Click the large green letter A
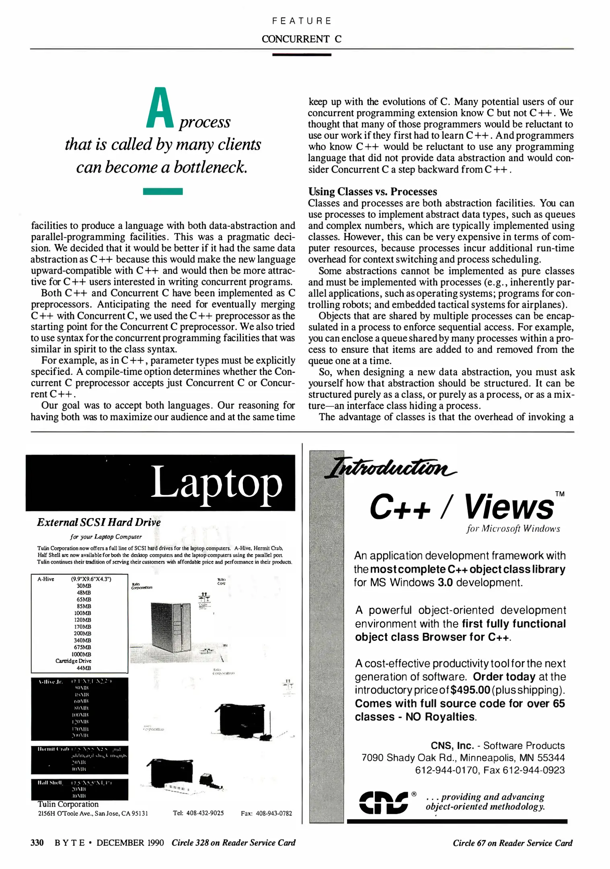pyautogui.click(x=160, y=109)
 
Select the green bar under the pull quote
pyautogui.click(x=163, y=192)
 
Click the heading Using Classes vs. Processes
pyautogui.click(x=372, y=192)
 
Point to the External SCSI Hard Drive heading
pyautogui.click(x=99, y=522)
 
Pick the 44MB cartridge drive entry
pyautogui.click(x=84, y=668)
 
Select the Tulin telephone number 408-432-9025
pyautogui.click(x=205, y=813)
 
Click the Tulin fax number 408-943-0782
pyautogui.click(x=274, y=813)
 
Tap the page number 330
pyautogui.click(x=37, y=842)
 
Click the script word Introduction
pyautogui.click(x=390, y=467)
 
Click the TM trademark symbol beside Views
pyautogui.click(x=559, y=494)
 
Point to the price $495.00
pyautogui.click(x=470, y=690)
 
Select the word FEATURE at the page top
pyautogui.click(x=302, y=21)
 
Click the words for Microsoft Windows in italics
pyautogui.click(x=513, y=529)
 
